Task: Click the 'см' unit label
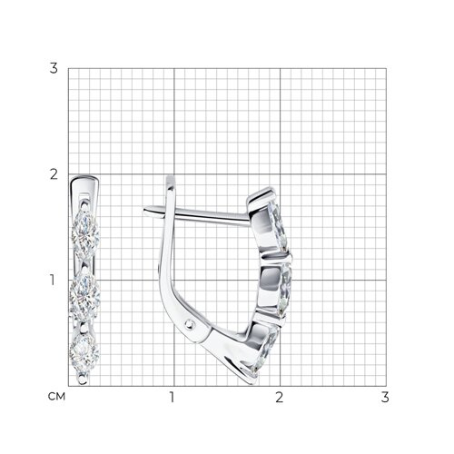tap(56, 396)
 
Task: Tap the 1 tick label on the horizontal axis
tap(173, 397)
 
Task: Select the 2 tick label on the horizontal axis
tap(279, 397)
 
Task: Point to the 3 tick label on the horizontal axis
tap(385, 397)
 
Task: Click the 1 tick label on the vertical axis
tap(53, 280)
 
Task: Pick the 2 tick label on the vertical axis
tap(54, 174)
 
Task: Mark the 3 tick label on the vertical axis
tap(54, 68)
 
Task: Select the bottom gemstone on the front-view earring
tap(84, 351)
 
